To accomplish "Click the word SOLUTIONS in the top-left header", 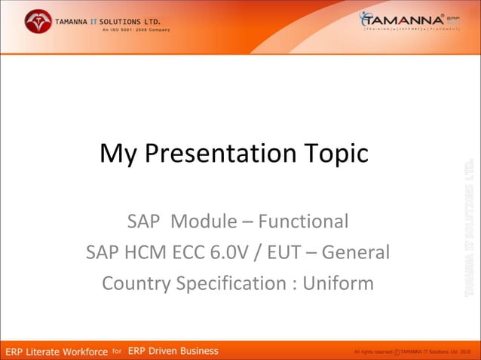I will point(125,20).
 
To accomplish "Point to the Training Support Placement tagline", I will point(411,30).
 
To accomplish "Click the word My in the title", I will point(117,154).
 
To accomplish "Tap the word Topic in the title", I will point(337,154).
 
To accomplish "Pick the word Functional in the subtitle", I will point(303,221).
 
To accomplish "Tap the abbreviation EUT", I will point(283,252).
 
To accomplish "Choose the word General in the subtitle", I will point(356,252).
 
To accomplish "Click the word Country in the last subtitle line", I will point(136,284).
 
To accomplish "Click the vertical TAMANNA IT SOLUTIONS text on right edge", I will point(469,226).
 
